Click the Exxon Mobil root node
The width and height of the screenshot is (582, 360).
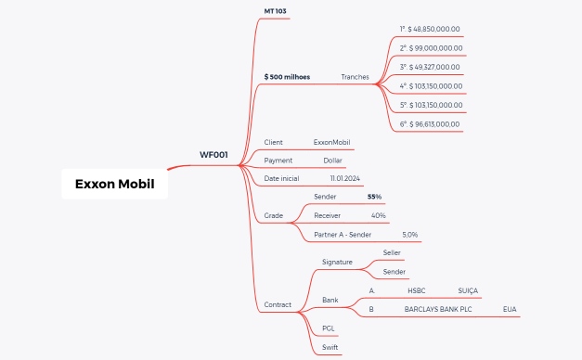pos(115,184)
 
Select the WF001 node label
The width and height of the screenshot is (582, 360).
pos(213,154)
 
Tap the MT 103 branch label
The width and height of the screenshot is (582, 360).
pos(276,10)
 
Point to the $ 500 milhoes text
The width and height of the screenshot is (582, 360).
pos(287,76)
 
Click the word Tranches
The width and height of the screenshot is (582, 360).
pos(355,76)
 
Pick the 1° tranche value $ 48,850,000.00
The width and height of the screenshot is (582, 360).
pos(430,29)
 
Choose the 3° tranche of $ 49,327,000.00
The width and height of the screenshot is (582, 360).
pos(430,67)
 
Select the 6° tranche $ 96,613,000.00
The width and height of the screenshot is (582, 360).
pos(430,123)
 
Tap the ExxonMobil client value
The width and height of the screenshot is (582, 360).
pos(331,142)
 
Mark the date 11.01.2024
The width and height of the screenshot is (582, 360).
pos(344,177)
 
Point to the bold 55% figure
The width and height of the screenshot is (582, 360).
pos(374,197)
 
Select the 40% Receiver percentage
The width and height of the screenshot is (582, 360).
pos(378,215)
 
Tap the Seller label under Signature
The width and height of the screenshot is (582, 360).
pos(393,252)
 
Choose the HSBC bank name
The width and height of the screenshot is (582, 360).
pos(416,290)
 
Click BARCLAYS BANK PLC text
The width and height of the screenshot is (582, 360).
pos(438,309)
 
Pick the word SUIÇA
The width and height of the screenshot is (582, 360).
pos(467,290)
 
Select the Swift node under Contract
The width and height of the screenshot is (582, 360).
pos(330,347)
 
